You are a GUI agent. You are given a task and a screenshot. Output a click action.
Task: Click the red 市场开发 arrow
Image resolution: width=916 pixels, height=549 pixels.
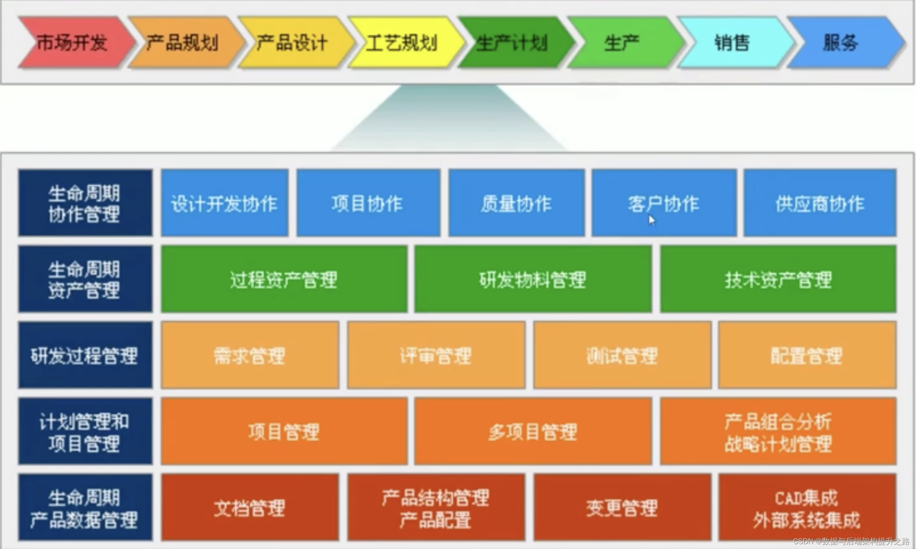tap(72, 43)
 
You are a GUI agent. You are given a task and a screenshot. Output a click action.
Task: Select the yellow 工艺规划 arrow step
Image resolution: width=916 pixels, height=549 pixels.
tap(402, 43)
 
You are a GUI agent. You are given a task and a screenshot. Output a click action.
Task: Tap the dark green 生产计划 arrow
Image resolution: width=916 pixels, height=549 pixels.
tap(511, 43)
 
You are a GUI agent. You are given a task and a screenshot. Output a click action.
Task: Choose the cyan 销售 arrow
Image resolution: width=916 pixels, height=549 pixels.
tap(732, 43)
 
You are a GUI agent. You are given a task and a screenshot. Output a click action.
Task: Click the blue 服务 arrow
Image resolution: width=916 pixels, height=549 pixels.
tap(841, 43)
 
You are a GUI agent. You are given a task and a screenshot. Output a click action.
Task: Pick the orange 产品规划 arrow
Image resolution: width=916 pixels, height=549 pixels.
tap(182, 43)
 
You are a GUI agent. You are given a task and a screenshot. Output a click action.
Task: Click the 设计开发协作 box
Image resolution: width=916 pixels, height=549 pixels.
tap(224, 203)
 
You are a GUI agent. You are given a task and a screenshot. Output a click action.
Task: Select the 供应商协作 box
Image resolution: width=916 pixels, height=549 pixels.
tap(819, 203)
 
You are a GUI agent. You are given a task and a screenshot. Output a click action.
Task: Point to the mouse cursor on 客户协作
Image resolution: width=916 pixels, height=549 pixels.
tap(651, 220)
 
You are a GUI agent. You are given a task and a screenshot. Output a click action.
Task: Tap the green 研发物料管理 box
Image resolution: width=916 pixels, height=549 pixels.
tap(533, 279)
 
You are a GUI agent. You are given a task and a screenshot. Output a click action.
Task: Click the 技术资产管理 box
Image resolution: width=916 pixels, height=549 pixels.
tap(778, 279)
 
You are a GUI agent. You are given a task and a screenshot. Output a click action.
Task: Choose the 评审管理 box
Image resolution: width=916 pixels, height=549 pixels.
tap(436, 355)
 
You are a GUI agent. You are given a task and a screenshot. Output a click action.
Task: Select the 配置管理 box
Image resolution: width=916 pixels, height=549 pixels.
tap(807, 355)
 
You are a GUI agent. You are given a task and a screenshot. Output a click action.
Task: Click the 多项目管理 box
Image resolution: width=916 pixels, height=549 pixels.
tap(533, 432)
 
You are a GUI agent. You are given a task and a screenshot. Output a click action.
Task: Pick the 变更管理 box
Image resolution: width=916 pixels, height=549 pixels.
tap(622, 508)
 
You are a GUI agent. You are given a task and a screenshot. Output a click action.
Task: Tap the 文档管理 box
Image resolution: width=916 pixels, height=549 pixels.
tap(250, 508)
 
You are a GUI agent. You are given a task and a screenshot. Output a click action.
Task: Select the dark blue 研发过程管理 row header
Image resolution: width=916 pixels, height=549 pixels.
tap(85, 355)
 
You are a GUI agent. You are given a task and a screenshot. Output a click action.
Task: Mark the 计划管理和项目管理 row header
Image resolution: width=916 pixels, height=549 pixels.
tap(85, 432)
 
